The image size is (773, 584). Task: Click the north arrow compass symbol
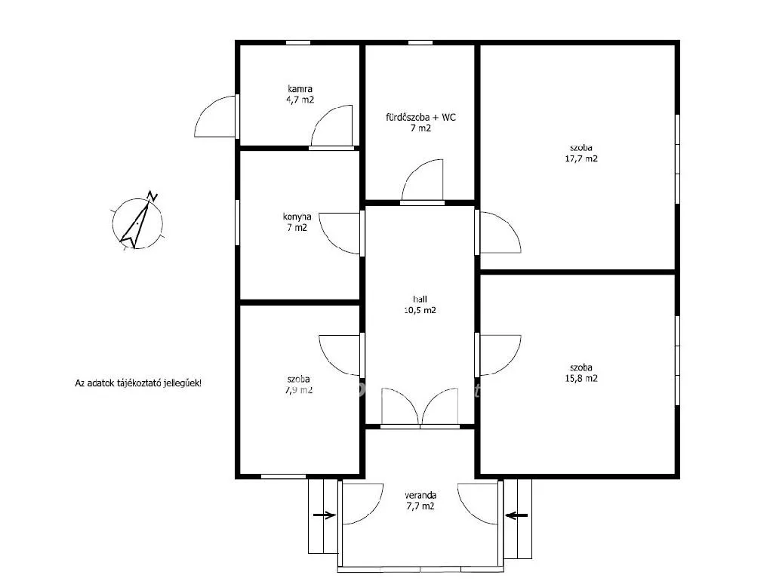137,221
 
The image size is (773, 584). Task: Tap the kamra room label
300,89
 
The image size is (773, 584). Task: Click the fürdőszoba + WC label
420,117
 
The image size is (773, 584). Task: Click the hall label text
420,299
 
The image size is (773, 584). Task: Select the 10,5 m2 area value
420,309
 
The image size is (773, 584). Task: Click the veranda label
420,495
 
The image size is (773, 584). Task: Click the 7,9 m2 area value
300,390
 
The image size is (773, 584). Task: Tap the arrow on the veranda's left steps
325,516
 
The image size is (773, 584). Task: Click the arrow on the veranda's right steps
516,516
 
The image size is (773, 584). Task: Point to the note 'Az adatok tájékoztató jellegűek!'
137,383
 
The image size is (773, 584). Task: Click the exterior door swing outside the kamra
216,118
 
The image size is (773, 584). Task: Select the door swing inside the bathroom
424,181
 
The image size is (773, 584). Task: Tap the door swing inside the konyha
341,233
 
